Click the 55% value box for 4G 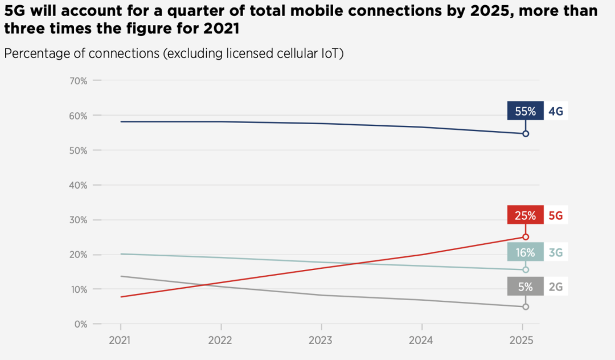click(x=525, y=111)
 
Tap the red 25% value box click(x=525, y=215)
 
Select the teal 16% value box click(x=525, y=252)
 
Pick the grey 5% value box click(x=525, y=287)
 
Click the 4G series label click(x=556, y=111)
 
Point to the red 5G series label click(x=556, y=215)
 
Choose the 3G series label click(x=556, y=252)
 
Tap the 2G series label click(x=556, y=287)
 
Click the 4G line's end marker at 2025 click(x=526, y=134)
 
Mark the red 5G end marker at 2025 click(x=526, y=237)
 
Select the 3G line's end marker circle click(x=526, y=269)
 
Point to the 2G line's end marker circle click(x=526, y=307)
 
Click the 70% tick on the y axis click(x=78, y=81)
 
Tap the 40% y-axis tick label click(x=78, y=185)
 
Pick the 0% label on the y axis click(x=80, y=324)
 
